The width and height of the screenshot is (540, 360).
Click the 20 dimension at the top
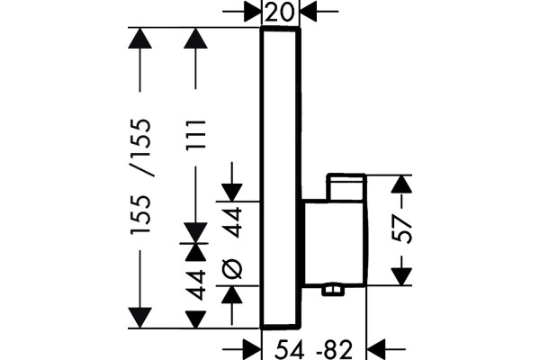pos(281,13)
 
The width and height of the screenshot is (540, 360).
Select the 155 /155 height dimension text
pos(140,176)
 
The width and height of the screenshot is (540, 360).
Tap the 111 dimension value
pos(196,134)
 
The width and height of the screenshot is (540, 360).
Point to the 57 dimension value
pos(402,229)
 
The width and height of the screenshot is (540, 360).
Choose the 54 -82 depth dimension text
pos(314,350)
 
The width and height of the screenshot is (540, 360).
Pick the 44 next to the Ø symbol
pos(232,222)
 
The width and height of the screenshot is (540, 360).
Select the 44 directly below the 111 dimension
pos(196,285)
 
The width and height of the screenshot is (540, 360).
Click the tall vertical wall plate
pos(281,177)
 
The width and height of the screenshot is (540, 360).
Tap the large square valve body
pos(335,243)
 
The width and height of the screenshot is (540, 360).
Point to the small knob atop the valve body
pos(346,186)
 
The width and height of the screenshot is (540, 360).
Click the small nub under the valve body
pos(333,291)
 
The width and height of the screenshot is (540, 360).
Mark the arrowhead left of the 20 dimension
pos(252,12)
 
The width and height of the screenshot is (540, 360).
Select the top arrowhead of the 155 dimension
pos(139,38)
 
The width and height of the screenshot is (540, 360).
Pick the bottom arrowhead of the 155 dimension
pos(139,318)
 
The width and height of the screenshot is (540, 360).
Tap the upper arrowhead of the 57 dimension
pos(401,184)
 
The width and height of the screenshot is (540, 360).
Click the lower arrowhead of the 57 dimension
pos(401,276)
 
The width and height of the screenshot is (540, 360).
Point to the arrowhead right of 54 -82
pos(376,349)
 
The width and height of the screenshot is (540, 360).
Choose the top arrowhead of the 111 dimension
pos(195,38)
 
